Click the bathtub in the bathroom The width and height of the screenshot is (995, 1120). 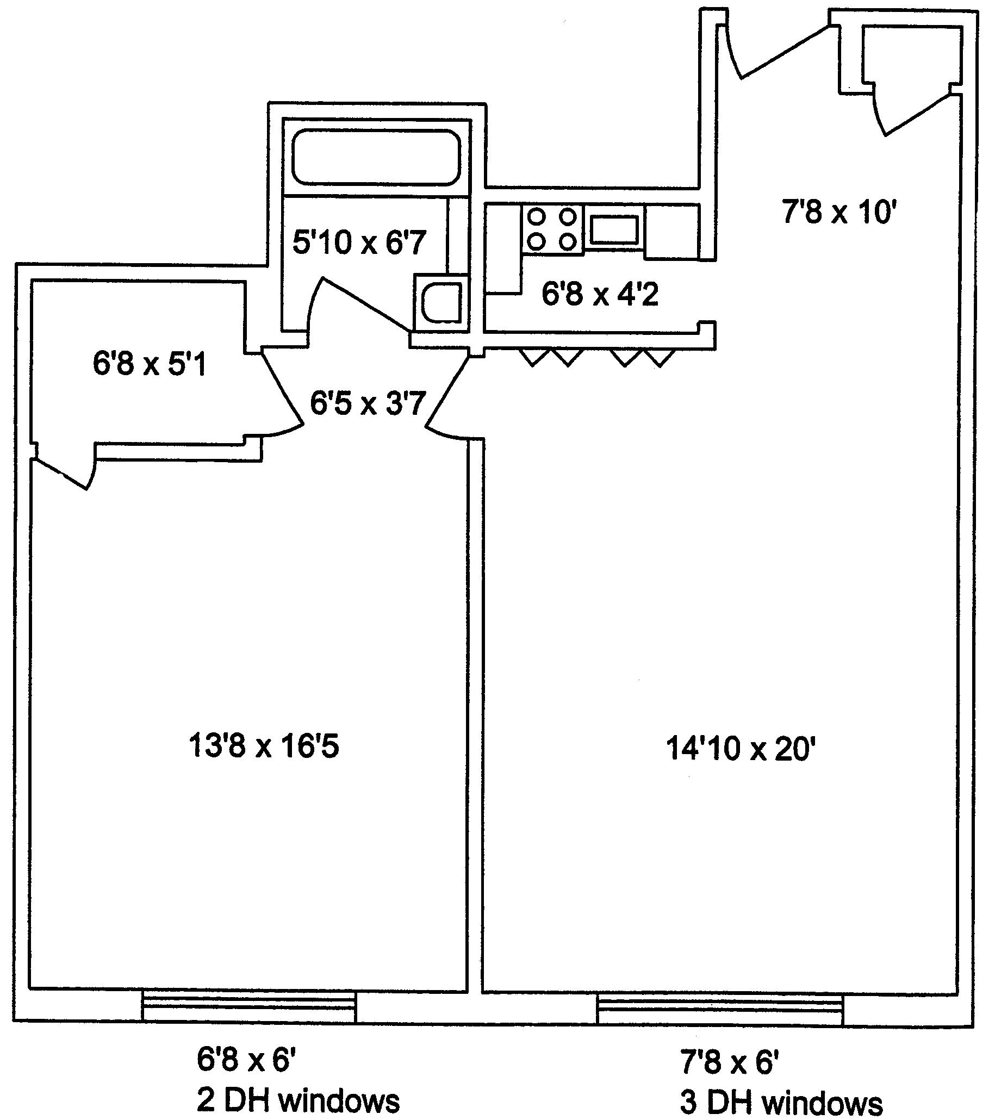click(376, 157)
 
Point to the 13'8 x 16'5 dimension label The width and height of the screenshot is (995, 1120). click(264, 746)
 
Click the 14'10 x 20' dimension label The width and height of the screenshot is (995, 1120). click(741, 749)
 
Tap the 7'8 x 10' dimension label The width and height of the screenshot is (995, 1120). click(839, 211)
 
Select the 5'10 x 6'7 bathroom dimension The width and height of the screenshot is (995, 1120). click(359, 241)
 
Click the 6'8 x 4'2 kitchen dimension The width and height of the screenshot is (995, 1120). click(600, 294)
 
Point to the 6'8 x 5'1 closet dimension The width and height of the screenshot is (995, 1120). click(150, 363)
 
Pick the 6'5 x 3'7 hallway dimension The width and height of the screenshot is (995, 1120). click(368, 404)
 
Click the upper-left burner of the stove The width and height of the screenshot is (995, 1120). click(537, 217)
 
